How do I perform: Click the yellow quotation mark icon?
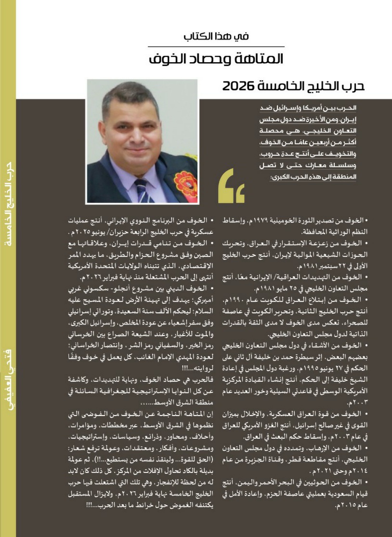tap(231, 186)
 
